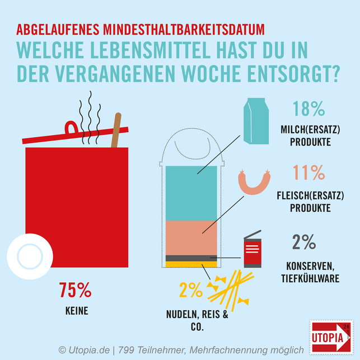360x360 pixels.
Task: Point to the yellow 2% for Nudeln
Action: pyautogui.click(x=190, y=289)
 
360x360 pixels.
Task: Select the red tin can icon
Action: pyautogui.click(x=252, y=250)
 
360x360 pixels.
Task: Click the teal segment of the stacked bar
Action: pyautogui.click(x=192, y=193)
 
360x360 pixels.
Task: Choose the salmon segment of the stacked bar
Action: pyautogui.click(x=192, y=237)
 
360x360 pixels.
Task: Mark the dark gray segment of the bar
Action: pyautogui.click(x=192, y=258)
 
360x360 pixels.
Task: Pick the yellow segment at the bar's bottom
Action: pyautogui.click(x=192, y=264)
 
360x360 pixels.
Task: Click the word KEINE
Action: pyautogui.click(x=75, y=308)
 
